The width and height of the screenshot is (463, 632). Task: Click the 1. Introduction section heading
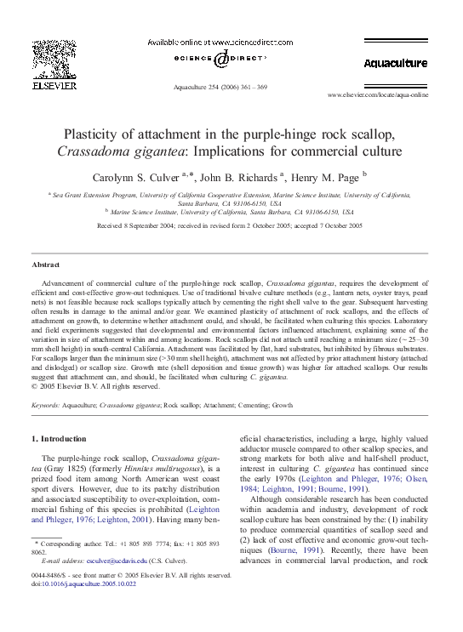point(59,438)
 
